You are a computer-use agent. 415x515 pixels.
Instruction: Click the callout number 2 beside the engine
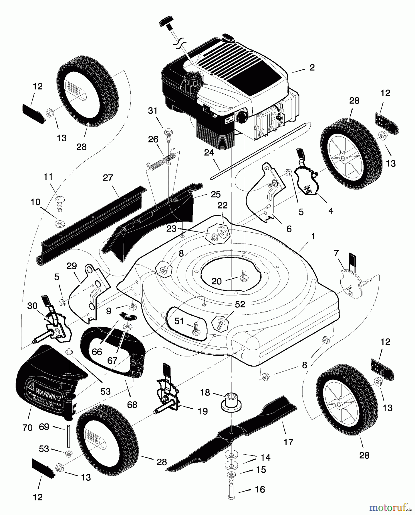(x=312, y=67)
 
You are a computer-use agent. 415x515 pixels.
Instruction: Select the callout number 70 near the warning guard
(x=27, y=428)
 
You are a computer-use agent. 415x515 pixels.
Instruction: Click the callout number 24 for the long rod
(x=209, y=152)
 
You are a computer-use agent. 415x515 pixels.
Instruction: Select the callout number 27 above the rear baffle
(x=108, y=178)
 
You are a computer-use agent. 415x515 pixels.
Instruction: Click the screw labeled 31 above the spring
(x=167, y=135)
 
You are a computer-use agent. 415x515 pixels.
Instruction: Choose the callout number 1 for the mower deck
(x=313, y=236)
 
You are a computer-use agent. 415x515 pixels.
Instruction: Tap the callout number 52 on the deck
(x=240, y=304)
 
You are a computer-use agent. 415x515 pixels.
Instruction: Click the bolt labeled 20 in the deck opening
(x=244, y=276)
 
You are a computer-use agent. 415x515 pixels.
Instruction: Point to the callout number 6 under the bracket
(x=289, y=229)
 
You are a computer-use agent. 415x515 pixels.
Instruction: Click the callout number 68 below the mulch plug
(x=132, y=405)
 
